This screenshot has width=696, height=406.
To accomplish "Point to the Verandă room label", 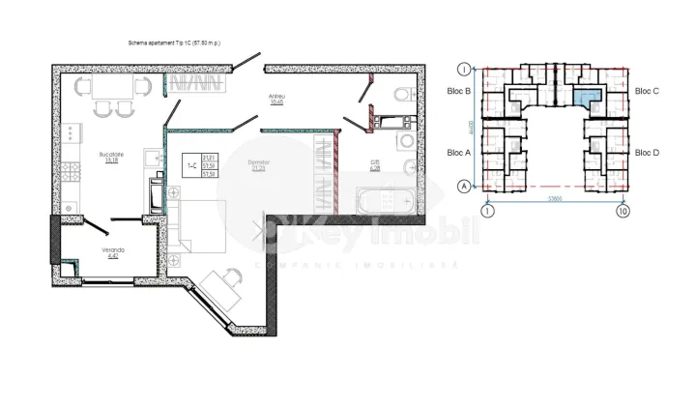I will pos(114,251).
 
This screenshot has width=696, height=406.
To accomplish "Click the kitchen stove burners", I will pos(69,173).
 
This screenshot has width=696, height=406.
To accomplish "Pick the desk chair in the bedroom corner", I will pos(229,278).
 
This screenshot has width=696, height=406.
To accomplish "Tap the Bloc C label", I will pos(647,91).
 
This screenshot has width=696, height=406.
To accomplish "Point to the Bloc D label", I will pos(647,153).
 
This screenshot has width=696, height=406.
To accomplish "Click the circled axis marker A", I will pos(465,186).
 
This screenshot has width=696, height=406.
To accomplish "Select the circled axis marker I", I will pos(465,70).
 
